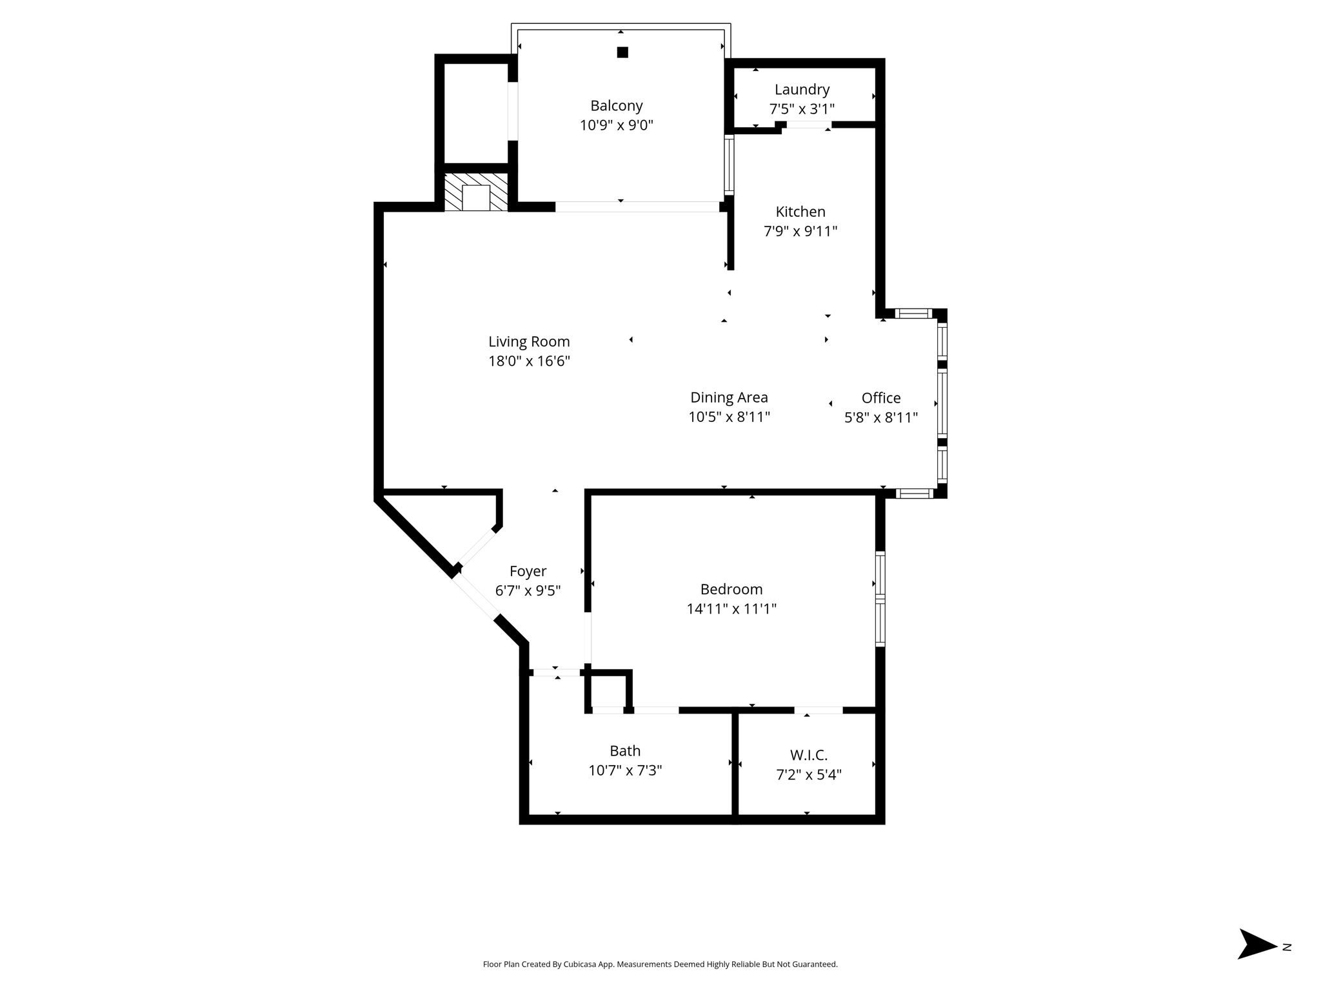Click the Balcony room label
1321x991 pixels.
point(616,106)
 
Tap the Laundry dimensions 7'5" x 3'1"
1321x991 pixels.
point(802,109)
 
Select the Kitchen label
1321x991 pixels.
point(800,212)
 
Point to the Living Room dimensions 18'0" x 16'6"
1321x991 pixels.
point(529,361)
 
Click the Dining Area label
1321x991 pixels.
point(729,397)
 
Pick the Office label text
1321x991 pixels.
point(881,398)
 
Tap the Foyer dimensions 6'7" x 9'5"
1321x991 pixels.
point(528,590)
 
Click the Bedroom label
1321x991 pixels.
point(731,589)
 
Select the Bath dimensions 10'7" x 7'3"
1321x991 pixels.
point(625,770)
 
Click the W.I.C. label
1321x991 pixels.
point(809,755)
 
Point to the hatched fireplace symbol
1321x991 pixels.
point(476,192)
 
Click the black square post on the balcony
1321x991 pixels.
point(622,52)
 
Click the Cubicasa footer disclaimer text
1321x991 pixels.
point(660,965)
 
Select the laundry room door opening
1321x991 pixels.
point(808,125)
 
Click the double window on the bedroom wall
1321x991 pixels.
point(880,599)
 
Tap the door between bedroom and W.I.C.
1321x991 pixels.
point(819,710)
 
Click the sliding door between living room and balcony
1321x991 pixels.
point(637,207)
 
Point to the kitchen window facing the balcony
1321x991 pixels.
point(730,165)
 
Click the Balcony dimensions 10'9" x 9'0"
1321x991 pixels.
point(617,125)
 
